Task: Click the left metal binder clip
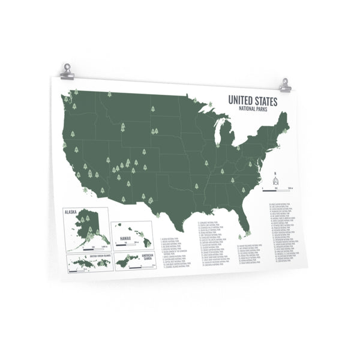pyautogui.click(x=67, y=72)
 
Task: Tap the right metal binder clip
pyautogui.click(x=284, y=86)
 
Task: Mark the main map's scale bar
pyautogui.click(x=279, y=188)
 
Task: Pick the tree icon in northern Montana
pyautogui.click(x=109, y=94)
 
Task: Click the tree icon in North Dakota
pyautogui.click(x=153, y=109)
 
